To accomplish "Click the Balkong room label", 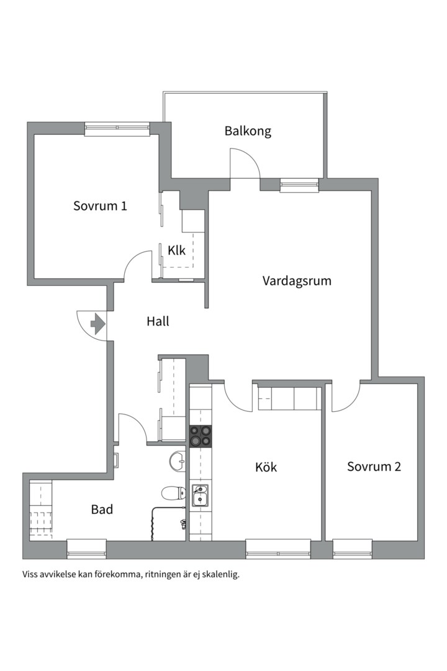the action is pyautogui.click(x=248, y=131).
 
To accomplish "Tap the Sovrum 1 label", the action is pyautogui.click(x=100, y=206).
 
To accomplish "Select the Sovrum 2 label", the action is pyautogui.click(x=374, y=467).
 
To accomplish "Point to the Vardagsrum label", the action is pyautogui.click(x=297, y=281).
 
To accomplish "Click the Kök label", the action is pyautogui.click(x=266, y=467).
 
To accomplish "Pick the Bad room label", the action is pyautogui.click(x=102, y=509).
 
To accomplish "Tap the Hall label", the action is pyautogui.click(x=158, y=321).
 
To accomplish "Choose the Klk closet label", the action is pyautogui.click(x=177, y=250).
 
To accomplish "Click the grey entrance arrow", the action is pyautogui.click(x=98, y=324).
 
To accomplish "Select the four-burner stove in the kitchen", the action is pyautogui.click(x=201, y=436).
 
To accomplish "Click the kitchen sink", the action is pyautogui.click(x=200, y=495).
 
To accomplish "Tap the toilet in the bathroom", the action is pyautogui.click(x=174, y=493).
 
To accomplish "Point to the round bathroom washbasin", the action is pyautogui.click(x=178, y=461).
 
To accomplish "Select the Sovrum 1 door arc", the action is pyautogui.click(x=138, y=266).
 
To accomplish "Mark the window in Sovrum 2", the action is pyautogui.click(x=353, y=549).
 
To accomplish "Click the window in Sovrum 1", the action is pyautogui.click(x=117, y=129).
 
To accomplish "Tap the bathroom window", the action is pyautogui.click(x=87, y=549).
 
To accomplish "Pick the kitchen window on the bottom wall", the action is pyautogui.click(x=278, y=549).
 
